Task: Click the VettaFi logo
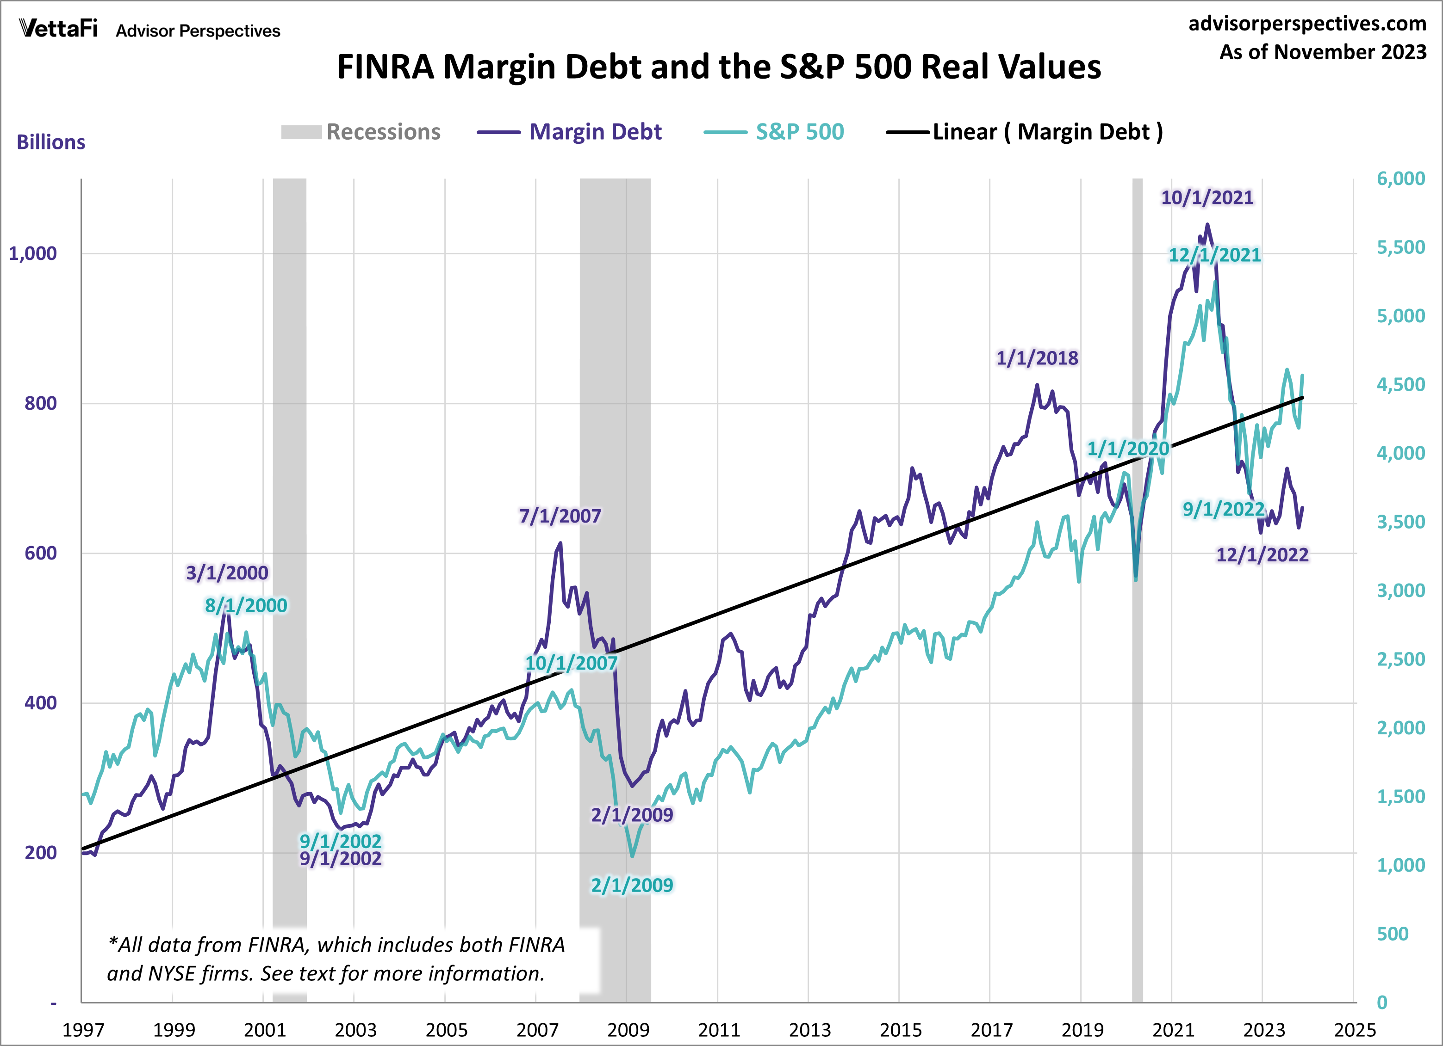pos(58,29)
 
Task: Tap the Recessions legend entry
pos(361,132)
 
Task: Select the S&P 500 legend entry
pos(774,132)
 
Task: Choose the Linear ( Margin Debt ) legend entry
pos(1024,132)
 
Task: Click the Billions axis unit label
pos(51,142)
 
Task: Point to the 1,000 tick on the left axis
pos(32,254)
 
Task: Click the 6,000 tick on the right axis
pos(1400,178)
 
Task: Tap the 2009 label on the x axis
pos(628,1029)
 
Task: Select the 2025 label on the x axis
pos(1355,1029)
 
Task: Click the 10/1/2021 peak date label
pos(1207,198)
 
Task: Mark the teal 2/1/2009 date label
pos(631,885)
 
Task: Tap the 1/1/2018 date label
pos(1037,358)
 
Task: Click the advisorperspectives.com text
pos(1307,24)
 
